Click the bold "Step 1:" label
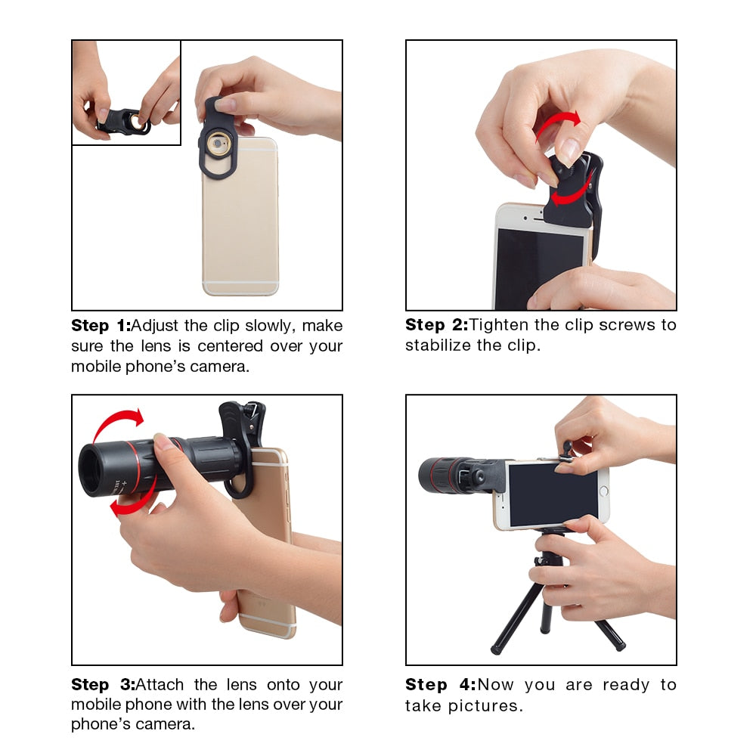coord(101,326)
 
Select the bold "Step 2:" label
coord(435,325)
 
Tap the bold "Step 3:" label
coord(102,685)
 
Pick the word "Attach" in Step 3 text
coord(162,685)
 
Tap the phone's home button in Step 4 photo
coord(603,491)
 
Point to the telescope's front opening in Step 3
coord(94,469)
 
